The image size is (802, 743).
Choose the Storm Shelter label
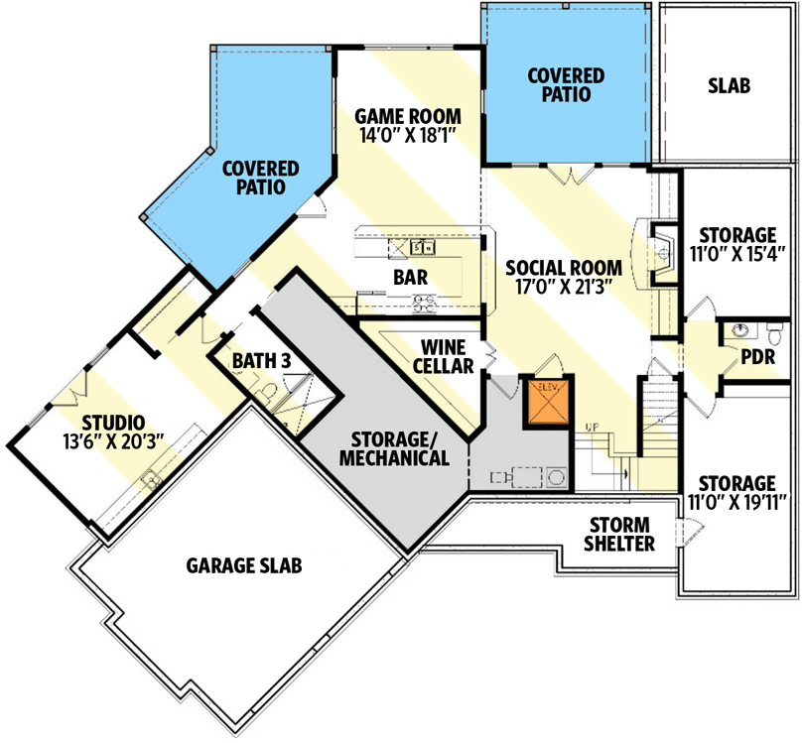click(618, 534)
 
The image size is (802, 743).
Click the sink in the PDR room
click(739, 330)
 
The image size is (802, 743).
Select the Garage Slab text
click(243, 565)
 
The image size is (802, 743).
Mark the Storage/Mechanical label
click(395, 449)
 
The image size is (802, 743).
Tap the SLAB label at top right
click(729, 85)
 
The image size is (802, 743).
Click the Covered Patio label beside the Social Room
click(566, 85)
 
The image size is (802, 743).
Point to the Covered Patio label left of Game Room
click(254, 177)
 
